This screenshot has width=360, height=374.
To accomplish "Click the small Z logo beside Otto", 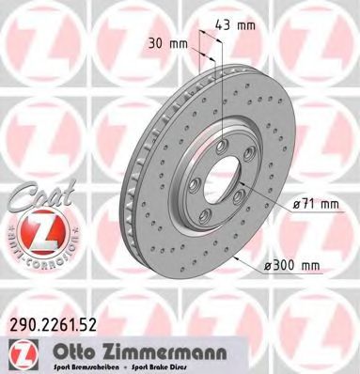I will point(23,353).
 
